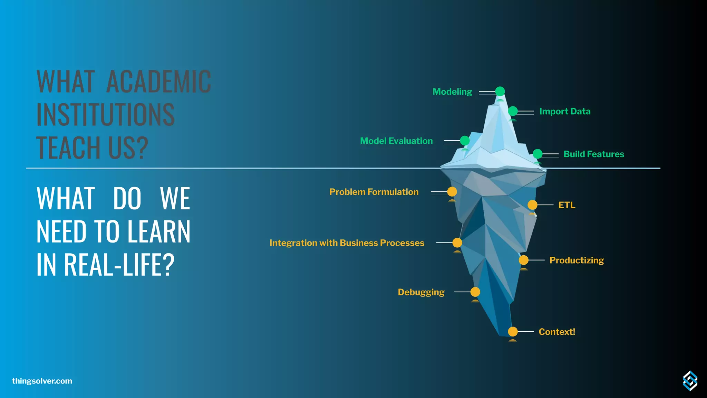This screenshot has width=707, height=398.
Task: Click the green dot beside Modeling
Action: [x=500, y=91]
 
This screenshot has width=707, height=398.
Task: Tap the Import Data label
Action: [x=565, y=111]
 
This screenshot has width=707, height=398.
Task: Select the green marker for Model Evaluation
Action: [x=465, y=141]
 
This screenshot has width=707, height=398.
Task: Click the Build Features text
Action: [x=594, y=154]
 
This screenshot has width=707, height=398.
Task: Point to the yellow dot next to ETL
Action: [x=532, y=205]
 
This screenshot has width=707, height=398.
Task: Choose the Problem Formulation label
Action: [x=374, y=192]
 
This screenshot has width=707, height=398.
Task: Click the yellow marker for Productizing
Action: [x=524, y=260]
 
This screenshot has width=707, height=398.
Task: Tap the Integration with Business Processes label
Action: [x=347, y=243]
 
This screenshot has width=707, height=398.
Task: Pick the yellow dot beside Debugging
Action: [x=475, y=292]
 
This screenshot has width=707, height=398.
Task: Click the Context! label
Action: [x=557, y=332]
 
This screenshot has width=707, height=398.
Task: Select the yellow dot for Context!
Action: [x=513, y=332]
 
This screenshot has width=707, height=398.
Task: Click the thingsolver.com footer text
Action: [x=42, y=381]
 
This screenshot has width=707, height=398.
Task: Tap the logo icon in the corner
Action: [x=690, y=381]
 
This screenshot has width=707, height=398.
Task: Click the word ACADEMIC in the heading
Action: [x=158, y=82]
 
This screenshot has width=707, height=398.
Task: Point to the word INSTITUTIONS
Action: [x=106, y=115]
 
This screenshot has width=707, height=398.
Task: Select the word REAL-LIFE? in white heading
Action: [x=119, y=265]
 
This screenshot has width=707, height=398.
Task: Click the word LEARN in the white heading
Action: [x=159, y=231]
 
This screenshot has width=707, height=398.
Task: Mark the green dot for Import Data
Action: [x=513, y=111]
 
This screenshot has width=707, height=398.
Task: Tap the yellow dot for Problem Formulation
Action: [x=452, y=191]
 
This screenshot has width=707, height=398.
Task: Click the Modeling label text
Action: [x=452, y=92]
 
